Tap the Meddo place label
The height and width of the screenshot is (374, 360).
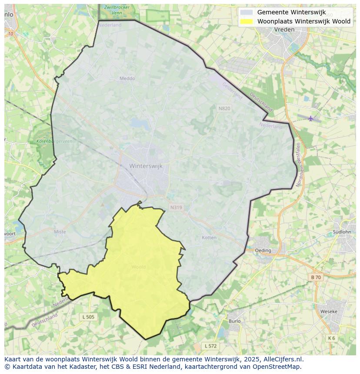coord(127,79)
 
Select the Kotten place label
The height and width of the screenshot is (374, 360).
coord(209,238)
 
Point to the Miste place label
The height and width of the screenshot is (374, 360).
coord(60,232)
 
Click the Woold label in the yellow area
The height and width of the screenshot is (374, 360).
coord(139,267)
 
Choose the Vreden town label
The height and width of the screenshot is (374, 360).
coord(284,30)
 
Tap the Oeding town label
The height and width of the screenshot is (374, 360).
coord(263,250)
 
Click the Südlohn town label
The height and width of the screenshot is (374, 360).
coord(341,232)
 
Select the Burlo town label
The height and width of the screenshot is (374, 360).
coord(234,321)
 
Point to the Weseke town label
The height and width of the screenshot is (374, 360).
coord(329,311)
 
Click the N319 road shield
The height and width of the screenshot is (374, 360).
coord(176,208)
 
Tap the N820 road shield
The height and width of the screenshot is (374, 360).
coord(224,108)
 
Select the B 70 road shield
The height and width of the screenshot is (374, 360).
coord(316,277)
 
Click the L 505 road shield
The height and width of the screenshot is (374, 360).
coord(88,317)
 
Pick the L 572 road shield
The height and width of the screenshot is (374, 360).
coord(210,346)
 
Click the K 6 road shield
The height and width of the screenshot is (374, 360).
coord(331,338)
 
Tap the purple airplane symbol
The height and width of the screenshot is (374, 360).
coord(310,118)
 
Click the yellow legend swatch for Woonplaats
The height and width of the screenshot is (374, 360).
coord(247,21)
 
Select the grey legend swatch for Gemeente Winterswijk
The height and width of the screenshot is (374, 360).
coord(247,12)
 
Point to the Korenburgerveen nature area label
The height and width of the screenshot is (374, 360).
coord(54,142)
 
